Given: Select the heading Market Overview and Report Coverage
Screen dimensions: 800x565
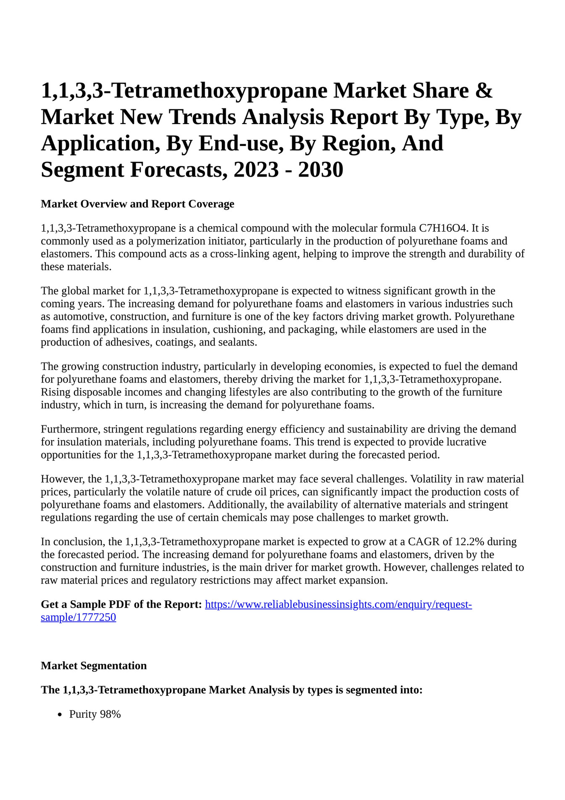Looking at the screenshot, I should (x=137, y=204).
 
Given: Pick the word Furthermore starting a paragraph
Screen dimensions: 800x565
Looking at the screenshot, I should (x=70, y=429).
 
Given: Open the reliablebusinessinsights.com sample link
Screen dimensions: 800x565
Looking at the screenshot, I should (x=338, y=605).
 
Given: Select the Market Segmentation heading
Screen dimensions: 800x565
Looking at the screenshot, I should (x=94, y=666).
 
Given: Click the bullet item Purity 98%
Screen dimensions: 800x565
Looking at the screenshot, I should (x=95, y=714).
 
